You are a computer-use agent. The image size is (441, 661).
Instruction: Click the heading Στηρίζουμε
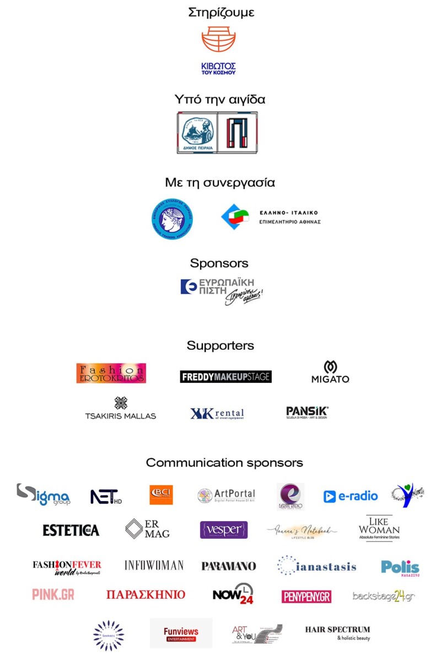[220, 12]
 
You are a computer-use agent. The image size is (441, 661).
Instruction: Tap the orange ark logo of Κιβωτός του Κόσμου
[218, 40]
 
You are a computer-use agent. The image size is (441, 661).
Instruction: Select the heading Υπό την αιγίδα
[220, 100]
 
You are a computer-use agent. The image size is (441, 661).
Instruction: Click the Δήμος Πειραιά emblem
[197, 133]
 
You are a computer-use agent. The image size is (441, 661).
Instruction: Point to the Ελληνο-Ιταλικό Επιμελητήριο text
[289, 217]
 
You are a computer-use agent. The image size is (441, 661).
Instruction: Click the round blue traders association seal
[172, 219]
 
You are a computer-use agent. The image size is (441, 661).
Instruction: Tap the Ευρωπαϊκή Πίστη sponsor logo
[220, 290]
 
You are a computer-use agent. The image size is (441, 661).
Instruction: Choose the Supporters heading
[220, 345]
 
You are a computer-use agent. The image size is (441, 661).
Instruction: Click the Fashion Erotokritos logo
[111, 373]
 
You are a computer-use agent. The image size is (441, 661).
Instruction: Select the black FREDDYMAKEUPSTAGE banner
[225, 377]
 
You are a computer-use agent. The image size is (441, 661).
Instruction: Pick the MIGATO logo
[330, 372]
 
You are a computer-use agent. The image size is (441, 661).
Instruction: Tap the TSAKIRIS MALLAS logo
[120, 409]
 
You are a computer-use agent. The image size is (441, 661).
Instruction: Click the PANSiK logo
[307, 412]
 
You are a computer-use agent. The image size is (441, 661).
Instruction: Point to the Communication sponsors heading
[224, 463]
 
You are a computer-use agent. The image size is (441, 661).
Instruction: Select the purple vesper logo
[223, 530]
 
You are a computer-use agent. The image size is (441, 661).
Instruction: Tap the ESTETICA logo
[71, 530]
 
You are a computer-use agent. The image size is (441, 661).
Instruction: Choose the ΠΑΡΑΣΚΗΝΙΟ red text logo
[146, 595]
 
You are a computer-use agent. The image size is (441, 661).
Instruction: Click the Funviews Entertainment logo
[180, 633]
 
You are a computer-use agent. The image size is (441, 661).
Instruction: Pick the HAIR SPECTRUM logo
[337, 632]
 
